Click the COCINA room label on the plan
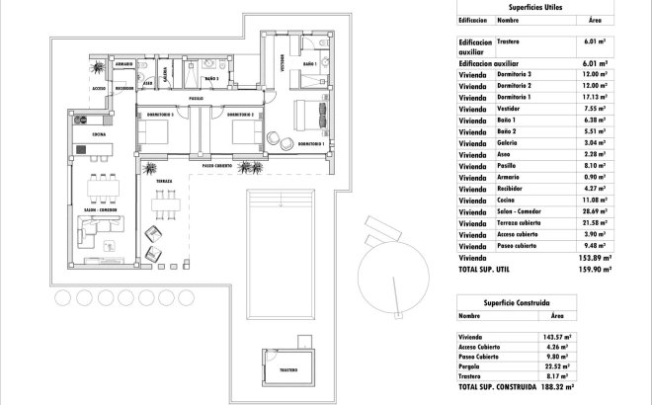tap(100, 131)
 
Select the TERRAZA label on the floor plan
tap(164, 183)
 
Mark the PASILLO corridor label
tap(197, 99)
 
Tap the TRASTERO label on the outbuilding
tap(287, 369)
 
